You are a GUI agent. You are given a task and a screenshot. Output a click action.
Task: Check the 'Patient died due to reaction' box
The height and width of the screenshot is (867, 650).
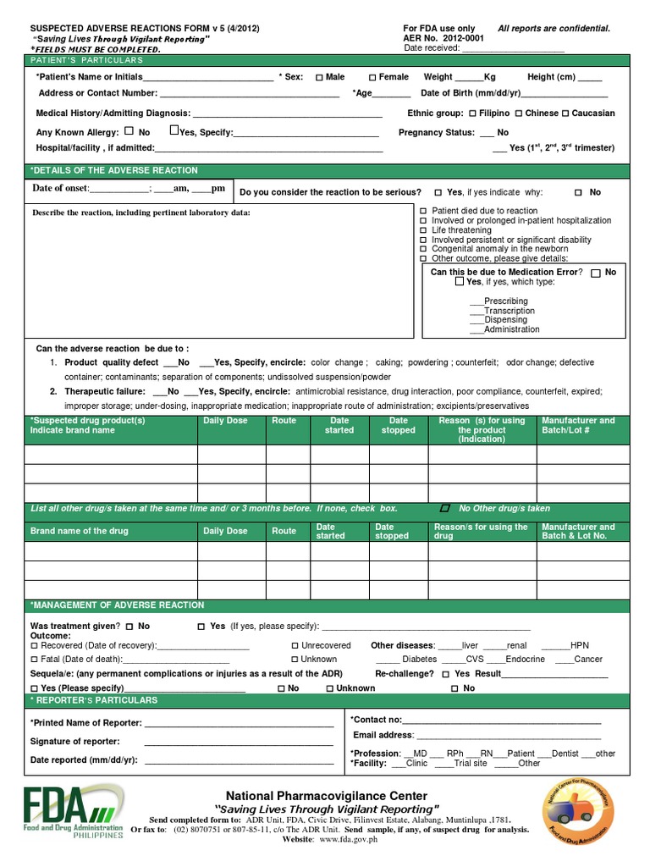(425, 211)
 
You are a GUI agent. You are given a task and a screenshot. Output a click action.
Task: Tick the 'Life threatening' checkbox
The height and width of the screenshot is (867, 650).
(425, 230)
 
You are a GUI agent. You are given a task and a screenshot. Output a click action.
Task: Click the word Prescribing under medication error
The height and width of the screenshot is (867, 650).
(505, 301)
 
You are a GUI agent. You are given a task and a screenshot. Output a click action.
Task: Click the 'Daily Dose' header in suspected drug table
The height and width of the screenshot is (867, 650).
(225, 421)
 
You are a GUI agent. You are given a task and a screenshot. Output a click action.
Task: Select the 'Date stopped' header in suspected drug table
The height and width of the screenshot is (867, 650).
(398, 425)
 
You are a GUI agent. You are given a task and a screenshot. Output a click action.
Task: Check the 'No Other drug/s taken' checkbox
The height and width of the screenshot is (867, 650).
(445, 509)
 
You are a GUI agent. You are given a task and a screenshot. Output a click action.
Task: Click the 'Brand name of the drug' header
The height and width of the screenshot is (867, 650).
(80, 532)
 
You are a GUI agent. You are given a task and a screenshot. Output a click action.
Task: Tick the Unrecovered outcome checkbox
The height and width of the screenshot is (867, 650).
(294, 645)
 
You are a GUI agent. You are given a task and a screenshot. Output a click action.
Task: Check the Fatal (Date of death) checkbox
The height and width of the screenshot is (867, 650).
(34, 660)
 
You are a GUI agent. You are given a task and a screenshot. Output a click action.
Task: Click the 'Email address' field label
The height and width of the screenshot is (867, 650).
(383, 735)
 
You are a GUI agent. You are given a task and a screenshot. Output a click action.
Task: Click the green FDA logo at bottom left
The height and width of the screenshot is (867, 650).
(71, 810)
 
